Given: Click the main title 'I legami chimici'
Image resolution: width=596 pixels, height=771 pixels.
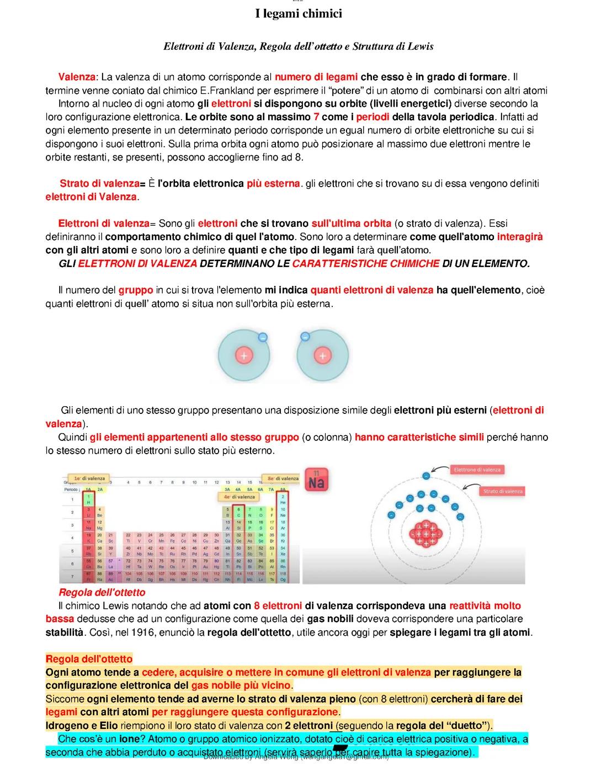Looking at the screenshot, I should pyautogui.click(x=298, y=14).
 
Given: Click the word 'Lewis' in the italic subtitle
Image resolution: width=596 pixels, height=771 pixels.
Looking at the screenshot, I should pyautogui.click(x=420, y=46).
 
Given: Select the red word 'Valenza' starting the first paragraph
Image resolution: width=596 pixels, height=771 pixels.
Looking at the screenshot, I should pyautogui.click(x=77, y=77).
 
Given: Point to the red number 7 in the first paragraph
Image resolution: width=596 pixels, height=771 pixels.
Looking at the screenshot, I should pyautogui.click(x=316, y=117).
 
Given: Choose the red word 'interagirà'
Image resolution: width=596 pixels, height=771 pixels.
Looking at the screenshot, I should pyautogui.click(x=520, y=237).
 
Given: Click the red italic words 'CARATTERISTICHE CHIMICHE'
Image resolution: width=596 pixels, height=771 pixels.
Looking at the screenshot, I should pyautogui.click(x=365, y=264).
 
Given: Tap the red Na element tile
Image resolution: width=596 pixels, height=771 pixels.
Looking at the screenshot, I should pyautogui.click(x=316, y=480).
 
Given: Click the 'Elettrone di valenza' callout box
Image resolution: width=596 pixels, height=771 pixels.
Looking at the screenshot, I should pyautogui.click(x=477, y=470).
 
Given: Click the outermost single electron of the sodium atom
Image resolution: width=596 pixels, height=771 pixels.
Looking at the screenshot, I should pyautogui.click(x=425, y=475).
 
